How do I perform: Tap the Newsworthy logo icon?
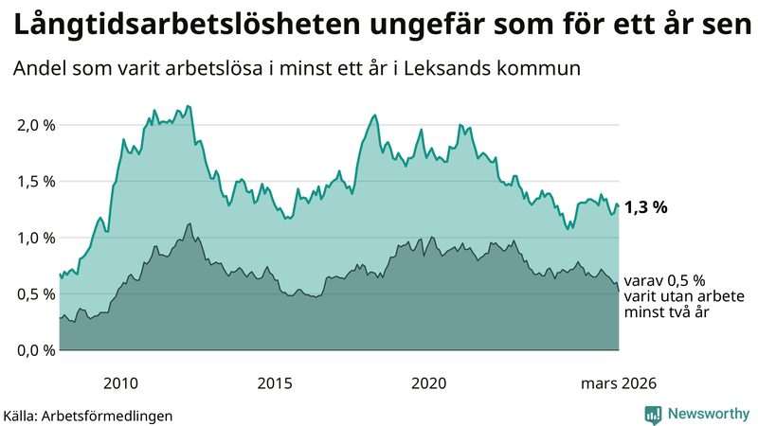click(x=653, y=414)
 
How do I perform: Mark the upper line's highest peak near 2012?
click(x=188, y=106)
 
